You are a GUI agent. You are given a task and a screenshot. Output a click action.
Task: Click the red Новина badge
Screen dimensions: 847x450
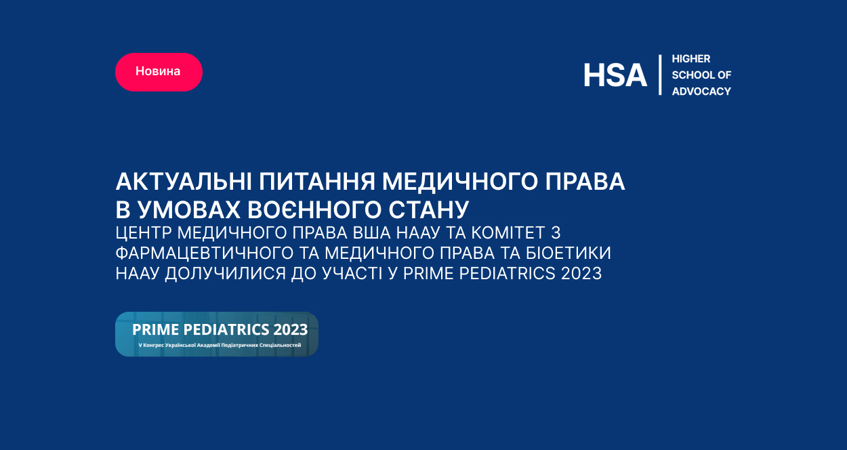click(x=159, y=72)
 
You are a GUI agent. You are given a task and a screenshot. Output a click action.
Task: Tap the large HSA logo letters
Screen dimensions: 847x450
click(x=615, y=75)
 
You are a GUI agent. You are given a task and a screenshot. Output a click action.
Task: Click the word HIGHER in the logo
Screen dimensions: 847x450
click(x=691, y=58)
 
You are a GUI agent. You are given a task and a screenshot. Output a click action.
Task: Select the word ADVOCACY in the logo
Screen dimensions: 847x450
click(x=701, y=91)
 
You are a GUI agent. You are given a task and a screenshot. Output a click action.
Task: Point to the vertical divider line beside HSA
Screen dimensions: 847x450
click(x=660, y=75)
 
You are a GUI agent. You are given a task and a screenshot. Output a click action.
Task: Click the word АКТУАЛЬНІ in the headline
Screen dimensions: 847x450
click(x=184, y=181)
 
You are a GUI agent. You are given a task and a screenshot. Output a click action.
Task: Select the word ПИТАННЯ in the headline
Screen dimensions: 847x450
click(x=317, y=181)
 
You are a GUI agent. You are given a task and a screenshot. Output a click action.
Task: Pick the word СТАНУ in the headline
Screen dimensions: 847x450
click(x=429, y=210)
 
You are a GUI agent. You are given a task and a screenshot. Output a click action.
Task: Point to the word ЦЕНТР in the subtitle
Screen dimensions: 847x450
click(x=144, y=233)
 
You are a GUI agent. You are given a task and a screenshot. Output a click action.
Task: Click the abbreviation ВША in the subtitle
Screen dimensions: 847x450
click(x=372, y=233)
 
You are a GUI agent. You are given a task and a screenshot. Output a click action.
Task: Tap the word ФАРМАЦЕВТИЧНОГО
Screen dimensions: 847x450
click(x=205, y=253)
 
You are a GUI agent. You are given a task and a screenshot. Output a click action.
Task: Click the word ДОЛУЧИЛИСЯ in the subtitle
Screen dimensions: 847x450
click(x=225, y=273)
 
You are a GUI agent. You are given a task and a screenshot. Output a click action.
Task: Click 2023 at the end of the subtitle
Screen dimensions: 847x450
click(x=581, y=273)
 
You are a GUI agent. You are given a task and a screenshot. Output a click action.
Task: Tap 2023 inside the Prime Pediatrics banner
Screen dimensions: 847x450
click(x=291, y=330)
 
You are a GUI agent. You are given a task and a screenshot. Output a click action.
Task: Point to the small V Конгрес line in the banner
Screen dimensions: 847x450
click(x=220, y=345)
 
